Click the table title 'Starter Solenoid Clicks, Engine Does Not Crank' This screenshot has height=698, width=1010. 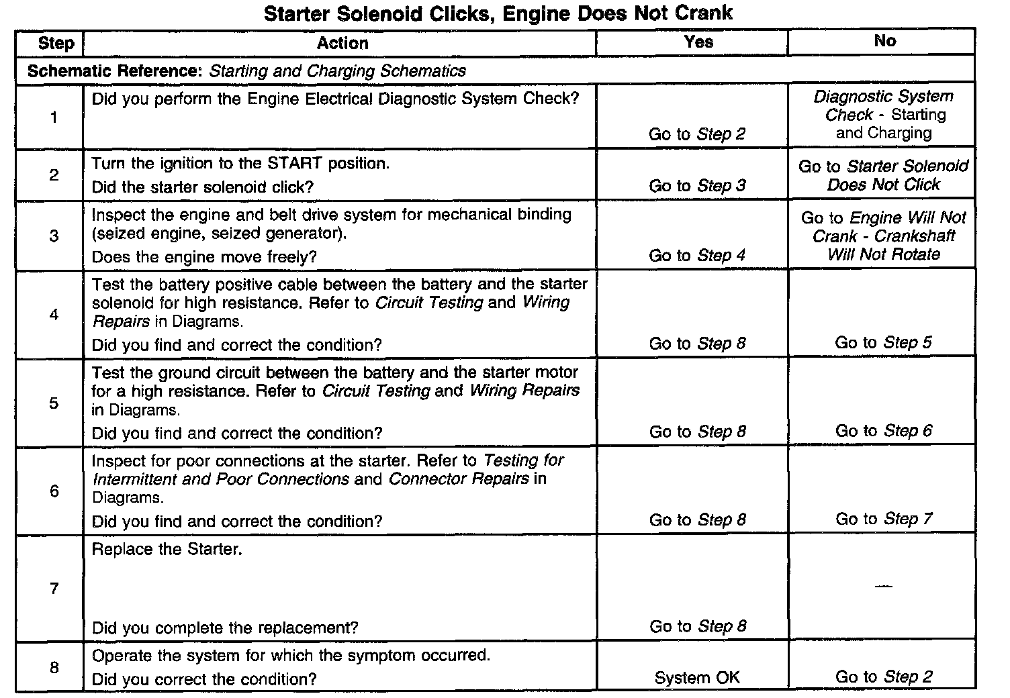498,13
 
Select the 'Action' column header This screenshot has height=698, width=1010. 342,44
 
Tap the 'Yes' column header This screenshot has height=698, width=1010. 698,42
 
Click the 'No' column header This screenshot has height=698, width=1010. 884,42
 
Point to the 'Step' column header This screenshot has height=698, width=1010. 56,44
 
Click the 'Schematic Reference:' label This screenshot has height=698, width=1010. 116,71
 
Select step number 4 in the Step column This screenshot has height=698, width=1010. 54,315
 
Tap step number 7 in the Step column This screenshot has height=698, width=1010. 54,589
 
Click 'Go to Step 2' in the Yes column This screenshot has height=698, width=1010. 696,134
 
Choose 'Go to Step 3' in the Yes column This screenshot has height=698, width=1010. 696,186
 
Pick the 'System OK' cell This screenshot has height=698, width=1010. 696,678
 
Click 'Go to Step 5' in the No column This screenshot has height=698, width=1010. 883,343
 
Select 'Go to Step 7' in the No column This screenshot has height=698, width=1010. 884,519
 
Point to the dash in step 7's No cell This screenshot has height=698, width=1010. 884,587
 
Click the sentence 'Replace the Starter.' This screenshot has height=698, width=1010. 167,550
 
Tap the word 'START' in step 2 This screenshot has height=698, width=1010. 295,164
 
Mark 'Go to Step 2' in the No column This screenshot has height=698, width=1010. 884,677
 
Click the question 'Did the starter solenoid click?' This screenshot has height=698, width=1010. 202,187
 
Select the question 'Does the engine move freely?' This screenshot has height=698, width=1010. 204,258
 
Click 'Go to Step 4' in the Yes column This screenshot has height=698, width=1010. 696,256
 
